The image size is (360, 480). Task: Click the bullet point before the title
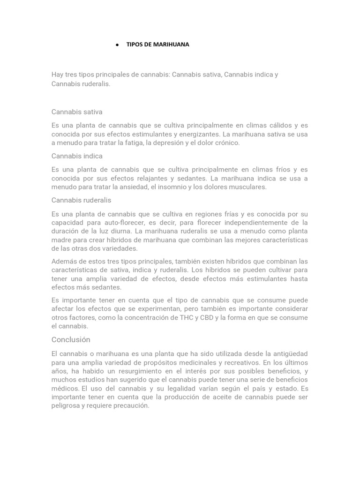click(117, 45)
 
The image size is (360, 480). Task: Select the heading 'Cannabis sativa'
click(77, 112)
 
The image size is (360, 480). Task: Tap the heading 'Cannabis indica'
click(77, 156)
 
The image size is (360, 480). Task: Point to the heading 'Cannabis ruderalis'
click(81, 200)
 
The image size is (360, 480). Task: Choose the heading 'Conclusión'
click(71, 339)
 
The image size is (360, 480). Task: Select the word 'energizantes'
click(199, 134)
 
